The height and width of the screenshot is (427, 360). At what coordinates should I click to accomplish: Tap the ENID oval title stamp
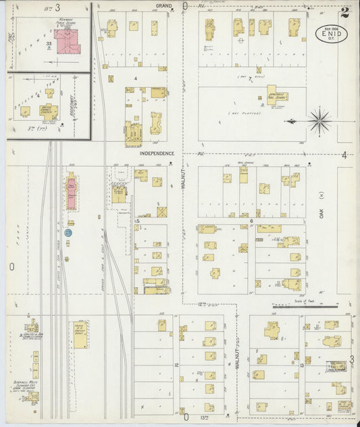click(332, 33)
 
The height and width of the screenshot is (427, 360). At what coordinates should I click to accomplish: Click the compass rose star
click(319, 122)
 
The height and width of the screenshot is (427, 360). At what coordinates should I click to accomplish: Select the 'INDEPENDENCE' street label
click(157, 153)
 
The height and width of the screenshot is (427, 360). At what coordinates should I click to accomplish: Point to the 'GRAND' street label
click(163, 5)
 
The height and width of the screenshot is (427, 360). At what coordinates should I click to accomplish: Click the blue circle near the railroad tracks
click(68, 232)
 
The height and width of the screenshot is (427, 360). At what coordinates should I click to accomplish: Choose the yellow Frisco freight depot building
click(80, 334)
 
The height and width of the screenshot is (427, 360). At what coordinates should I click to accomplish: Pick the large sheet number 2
click(345, 11)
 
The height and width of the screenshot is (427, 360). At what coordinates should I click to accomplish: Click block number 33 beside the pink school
click(49, 44)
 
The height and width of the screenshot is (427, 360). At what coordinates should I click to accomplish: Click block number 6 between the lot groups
click(251, 221)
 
